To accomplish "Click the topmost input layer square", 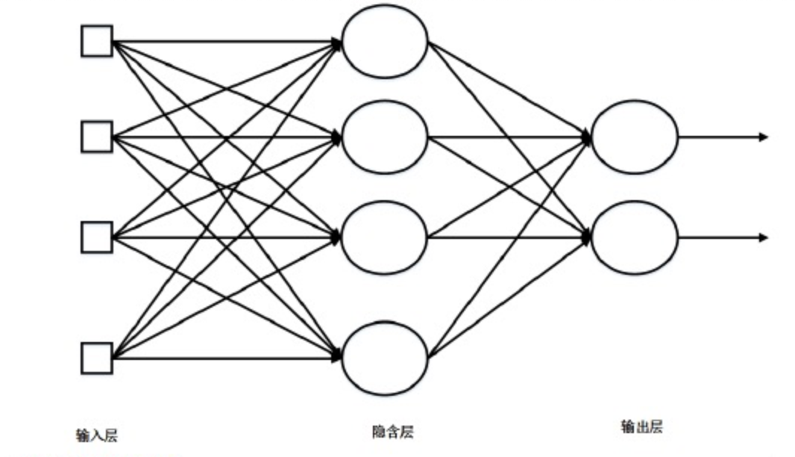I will pyautogui.click(x=97, y=41).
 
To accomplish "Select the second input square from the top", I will pyautogui.click(x=97, y=137).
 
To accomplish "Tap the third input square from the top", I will pyautogui.click(x=97, y=237).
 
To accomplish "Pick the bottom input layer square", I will pyautogui.click(x=97, y=358).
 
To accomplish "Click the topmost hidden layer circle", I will pyautogui.click(x=385, y=41).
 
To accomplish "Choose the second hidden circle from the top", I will pyautogui.click(x=385, y=137).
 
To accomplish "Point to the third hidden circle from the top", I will pyautogui.click(x=385, y=237).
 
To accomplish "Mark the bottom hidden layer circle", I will pyautogui.click(x=385, y=358).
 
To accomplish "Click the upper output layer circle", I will pyautogui.click(x=635, y=137).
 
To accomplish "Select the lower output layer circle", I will pyautogui.click(x=635, y=237).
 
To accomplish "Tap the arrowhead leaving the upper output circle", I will pyautogui.click(x=763, y=137).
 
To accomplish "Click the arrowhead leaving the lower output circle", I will pyautogui.click(x=763, y=237).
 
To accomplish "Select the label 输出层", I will pyautogui.click(x=641, y=427).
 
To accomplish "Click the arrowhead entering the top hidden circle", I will pyautogui.click(x=337, y=43).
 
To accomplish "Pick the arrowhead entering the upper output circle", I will pyautogui.click(x=586, y=137).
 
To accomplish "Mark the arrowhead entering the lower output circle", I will pyautogui.click(x=586, y=237).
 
